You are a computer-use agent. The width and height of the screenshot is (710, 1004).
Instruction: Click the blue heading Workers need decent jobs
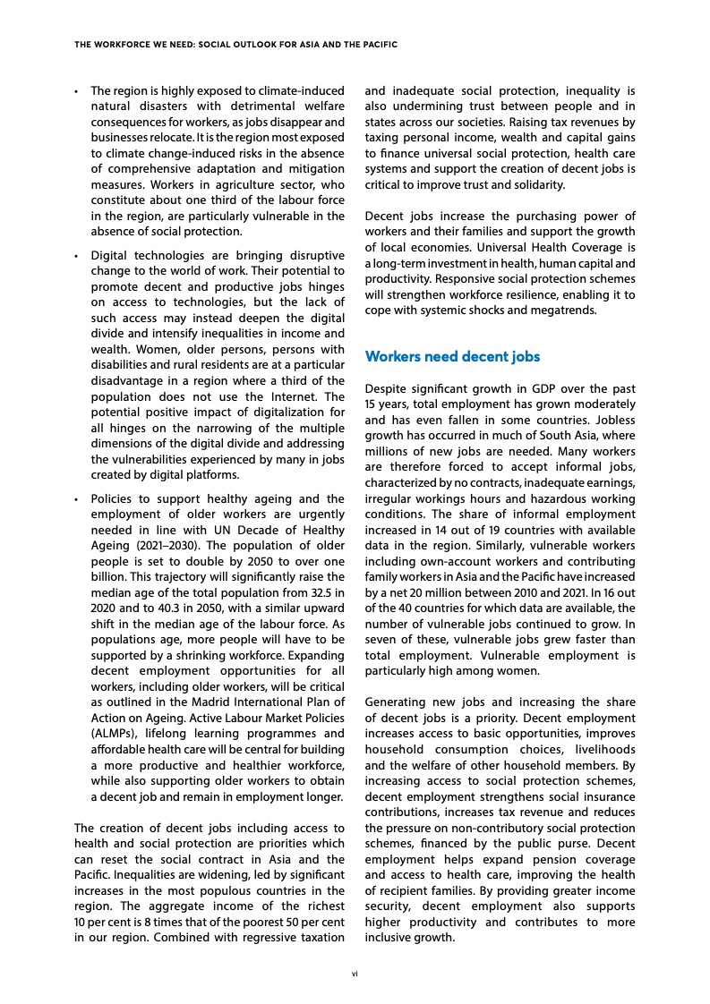[x=453, y=357]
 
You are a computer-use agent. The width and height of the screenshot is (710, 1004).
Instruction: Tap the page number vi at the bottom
[x=355, y=970]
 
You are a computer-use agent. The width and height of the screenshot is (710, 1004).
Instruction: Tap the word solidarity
[x=536, y=184]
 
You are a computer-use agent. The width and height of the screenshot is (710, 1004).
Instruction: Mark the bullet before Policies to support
[x=78, y=498]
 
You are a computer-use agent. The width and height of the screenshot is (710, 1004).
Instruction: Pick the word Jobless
[x=609, y=421]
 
